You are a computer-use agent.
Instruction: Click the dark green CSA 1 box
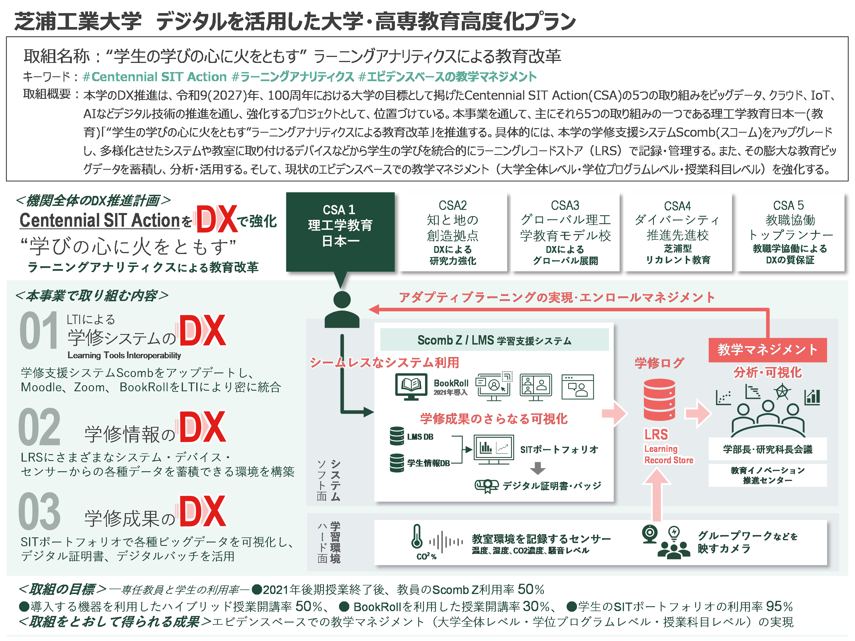coord(340,232)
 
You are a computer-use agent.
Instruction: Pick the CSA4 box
coord(678,232)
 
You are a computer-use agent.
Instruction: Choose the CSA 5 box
coord(790,232)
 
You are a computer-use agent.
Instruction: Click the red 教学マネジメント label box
coord(767,350)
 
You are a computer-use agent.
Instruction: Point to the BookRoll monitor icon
coord(411,386)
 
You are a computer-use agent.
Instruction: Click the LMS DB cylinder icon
coord(397,436)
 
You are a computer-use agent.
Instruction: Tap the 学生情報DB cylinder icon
coord(397,462)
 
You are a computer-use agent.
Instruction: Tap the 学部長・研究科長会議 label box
coord(767,449)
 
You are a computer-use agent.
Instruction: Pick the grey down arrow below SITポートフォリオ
coord(538,468)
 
